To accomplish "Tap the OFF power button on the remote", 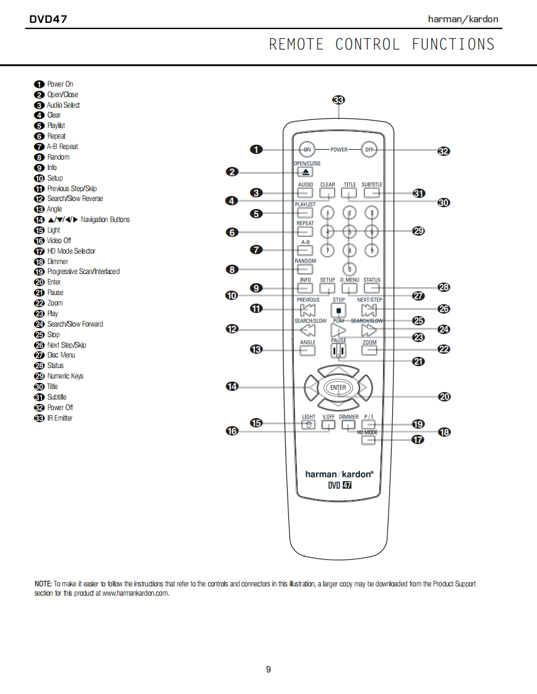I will coord(370,150).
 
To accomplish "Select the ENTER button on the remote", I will coord(338,388).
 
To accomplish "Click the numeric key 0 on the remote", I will coord(350,269).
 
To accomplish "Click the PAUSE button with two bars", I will coord(338,350).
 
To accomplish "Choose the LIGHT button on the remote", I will coord(307,424).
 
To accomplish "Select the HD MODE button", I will coord(369,440).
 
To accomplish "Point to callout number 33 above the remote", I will coord(338,100).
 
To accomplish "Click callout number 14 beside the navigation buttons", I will coord(232,387).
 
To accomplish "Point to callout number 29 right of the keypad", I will coord(418,231).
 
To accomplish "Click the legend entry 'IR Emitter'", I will coord(59,418).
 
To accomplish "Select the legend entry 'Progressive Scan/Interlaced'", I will coord(83,272).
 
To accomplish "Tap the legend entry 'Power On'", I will coord(60,84).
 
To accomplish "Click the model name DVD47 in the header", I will coord(48,19).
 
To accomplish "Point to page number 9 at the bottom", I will coord(268,669).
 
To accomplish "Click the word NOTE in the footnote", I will coord(43,584).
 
